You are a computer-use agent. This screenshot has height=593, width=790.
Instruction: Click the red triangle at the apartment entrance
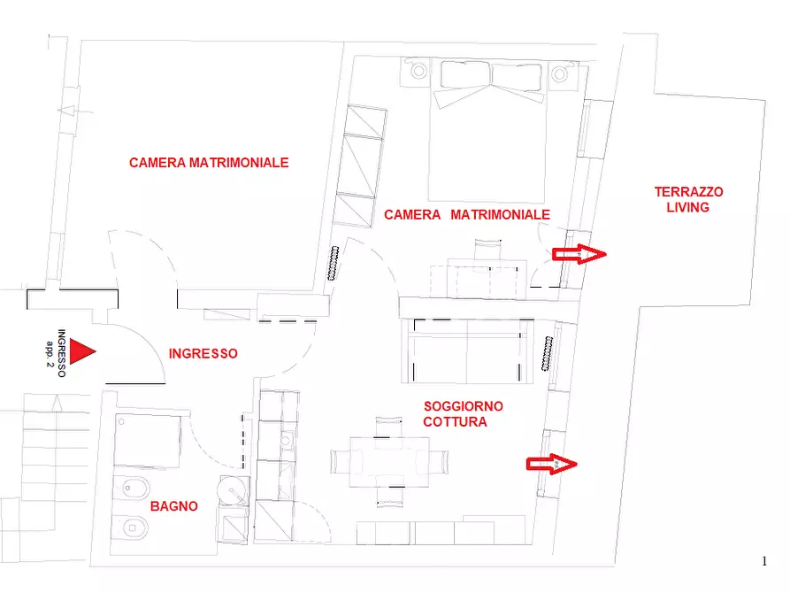coord(81,351)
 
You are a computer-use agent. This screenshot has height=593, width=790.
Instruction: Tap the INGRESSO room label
coord(203,353)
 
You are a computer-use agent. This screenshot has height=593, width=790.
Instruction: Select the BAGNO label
coord(173,506)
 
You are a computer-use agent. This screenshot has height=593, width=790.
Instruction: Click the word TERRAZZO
coord(689,191)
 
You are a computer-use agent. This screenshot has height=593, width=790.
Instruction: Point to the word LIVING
coord(687,207)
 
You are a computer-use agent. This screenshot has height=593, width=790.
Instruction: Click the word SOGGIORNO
coord(463,406)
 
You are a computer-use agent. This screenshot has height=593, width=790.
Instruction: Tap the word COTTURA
coord(455,422)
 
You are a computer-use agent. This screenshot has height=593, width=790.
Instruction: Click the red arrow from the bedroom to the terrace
coord(579,254)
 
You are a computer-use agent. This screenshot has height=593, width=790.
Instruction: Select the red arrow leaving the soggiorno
coord(552,464)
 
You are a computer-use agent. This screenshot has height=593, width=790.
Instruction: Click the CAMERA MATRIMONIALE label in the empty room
coord(209,163)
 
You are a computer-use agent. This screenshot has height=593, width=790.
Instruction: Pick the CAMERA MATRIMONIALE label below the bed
coord(467,215)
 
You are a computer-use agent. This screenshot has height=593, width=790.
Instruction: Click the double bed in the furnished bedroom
coord(487,131)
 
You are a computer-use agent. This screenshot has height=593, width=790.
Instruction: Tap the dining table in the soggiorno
coord(389,462)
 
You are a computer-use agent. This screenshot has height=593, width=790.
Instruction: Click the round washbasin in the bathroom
coord(233,490)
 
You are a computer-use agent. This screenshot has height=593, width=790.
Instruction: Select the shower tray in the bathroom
coord(147,442)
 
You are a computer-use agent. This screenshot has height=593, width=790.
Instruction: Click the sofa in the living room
coord(468,351)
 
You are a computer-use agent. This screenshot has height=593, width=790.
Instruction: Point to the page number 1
coord(764,561)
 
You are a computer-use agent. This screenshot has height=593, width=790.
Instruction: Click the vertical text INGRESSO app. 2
coord(56,353)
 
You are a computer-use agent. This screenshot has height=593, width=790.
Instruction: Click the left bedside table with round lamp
coord(417,72)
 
